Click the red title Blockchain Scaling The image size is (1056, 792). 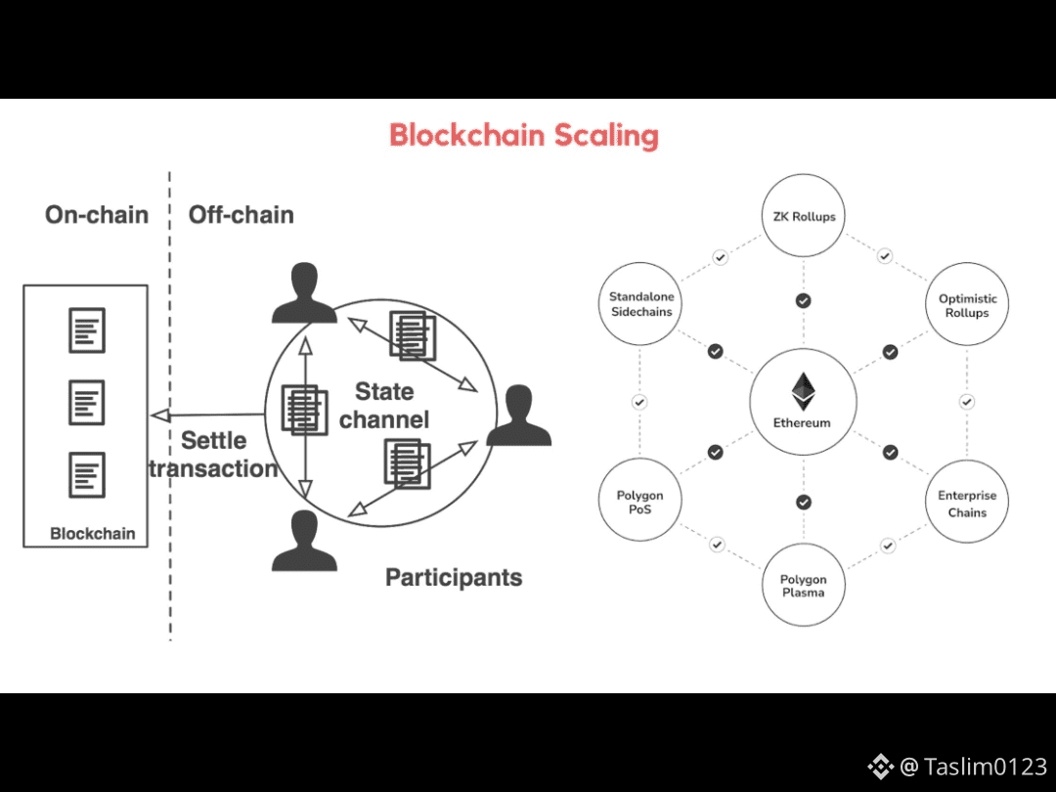(x=523, y=135)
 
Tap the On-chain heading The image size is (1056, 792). (x=97, y=215)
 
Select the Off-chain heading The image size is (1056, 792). (x=241, y=215)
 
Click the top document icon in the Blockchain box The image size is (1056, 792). (x=86, y=330)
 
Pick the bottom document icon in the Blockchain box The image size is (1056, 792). (x=86, y=474)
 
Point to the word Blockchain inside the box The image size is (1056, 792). (x=92, y=534)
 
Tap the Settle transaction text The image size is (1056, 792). (x=213, y=455)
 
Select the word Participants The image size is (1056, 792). (x=454, y=577)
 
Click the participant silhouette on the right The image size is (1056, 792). (x=518, y=416)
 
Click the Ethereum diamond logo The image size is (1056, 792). (x=803, y=390)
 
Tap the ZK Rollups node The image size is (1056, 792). (x=803, y=216)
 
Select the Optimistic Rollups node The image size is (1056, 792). (x=967, y=305)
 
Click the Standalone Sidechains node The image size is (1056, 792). (x=640, y=304)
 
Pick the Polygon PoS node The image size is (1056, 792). (x=639, y=503)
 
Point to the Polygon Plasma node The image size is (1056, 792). (x=803, y=586)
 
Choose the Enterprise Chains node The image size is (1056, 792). (x=967, y=504)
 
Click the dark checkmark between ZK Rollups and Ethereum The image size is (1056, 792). (x=803, y=300)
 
